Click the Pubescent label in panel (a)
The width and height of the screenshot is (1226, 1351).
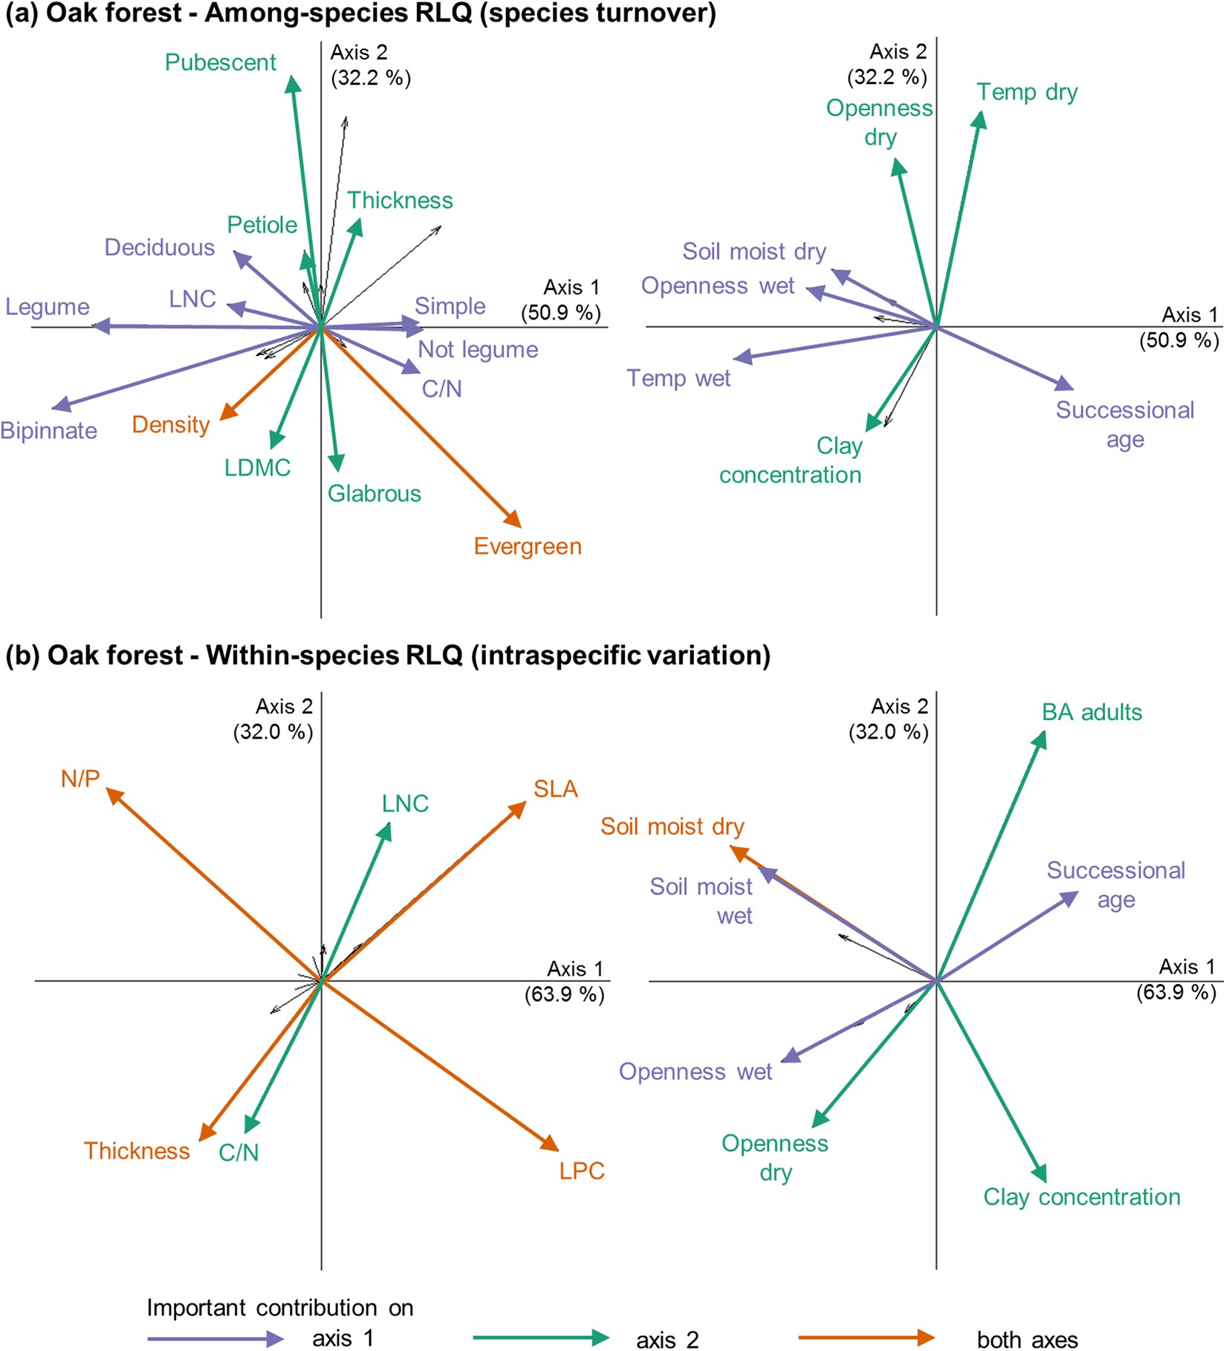(x=220, y=62)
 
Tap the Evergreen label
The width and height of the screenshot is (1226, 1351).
(x=528, y=546)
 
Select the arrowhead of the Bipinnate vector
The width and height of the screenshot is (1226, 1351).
(x=59, y=406)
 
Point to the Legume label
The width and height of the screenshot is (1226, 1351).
(x=48, y=307)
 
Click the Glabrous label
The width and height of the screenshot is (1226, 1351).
(x=374, y=493)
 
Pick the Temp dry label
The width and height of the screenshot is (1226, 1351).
(x=1026, y=92)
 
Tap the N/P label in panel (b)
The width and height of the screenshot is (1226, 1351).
(x=80, y=778)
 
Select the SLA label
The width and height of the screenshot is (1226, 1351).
(x=555, y=788)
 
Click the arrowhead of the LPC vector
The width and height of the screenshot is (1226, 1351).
(x=551, y=1145)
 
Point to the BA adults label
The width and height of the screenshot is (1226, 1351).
(x=1091, y=712)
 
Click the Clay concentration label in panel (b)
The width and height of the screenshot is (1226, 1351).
(x=1081, y=1196)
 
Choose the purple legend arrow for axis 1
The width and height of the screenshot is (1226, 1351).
(x=215, y=1338)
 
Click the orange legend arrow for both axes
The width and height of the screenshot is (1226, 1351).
(x=866, y=1338)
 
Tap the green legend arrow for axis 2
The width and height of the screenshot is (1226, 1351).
(x=540, y=1338)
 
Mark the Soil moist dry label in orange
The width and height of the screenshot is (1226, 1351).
(x=672, y=826)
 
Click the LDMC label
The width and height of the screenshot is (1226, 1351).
(x=257, y=467)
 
